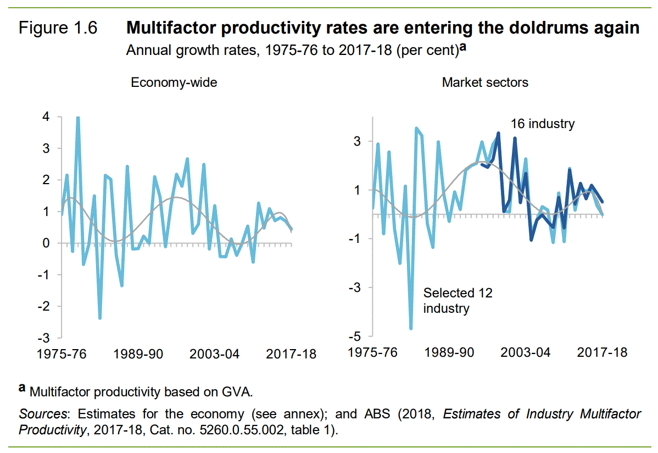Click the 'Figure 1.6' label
click(x=58, y=29)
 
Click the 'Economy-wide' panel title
click(x=174, y=83)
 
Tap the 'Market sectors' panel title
click(x=485, y=83)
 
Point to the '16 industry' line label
click(x=542, y=124)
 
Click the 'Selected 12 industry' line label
click(x=458, y=300)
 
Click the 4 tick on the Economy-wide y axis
click(x=46, y=117)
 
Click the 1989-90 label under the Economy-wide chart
click(x=138, y=354)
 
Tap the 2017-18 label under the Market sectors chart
click(x=601, y=352)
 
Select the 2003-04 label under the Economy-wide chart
click(x=214, y=354)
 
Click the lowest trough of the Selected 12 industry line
click(x=411, y=329)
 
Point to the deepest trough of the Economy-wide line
click(x=100, y=318)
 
